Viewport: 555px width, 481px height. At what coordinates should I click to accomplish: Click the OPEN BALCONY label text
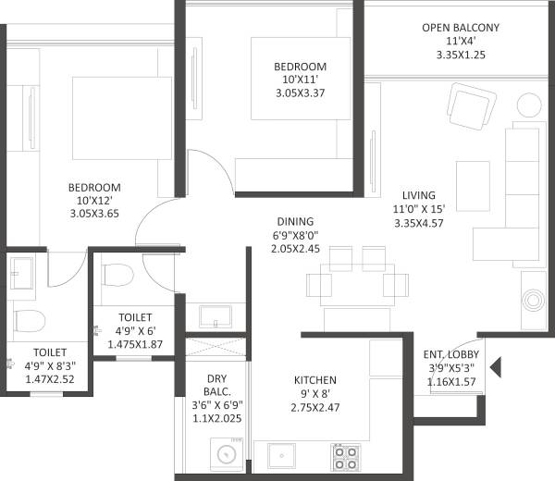coord(460,28)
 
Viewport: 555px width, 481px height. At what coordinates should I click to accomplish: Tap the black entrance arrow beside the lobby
coord(495,368)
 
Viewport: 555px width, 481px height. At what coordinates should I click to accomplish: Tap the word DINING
coord(295,221)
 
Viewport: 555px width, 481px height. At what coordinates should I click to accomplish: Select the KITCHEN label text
coord(314,380)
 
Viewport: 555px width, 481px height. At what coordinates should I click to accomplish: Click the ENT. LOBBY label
coord(450,354)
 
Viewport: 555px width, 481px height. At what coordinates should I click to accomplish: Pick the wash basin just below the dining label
coord(215,314)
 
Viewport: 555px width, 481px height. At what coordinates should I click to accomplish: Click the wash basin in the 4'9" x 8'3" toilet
coord(21,270)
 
